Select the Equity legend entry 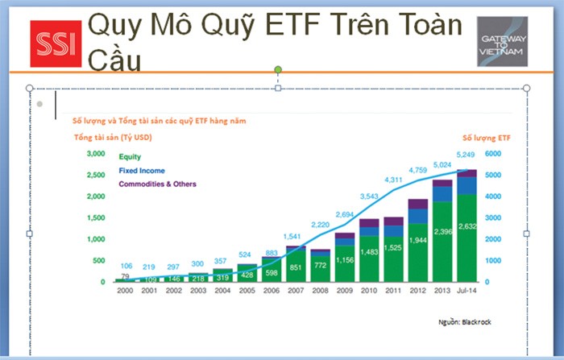[x=131, y=158]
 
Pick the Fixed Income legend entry [x=142, y=171]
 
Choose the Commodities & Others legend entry [x=157, y=184]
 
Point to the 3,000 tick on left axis [x=95, y=153]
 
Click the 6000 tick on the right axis [x=494, y=153]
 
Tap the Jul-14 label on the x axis [x=466, y=290]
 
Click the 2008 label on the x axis [x=321, y=290]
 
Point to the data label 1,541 [x=295, y=236]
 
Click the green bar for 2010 [x=369, y=258]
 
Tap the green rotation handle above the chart [x=279, y=70]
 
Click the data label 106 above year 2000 [x=126, y=266]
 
